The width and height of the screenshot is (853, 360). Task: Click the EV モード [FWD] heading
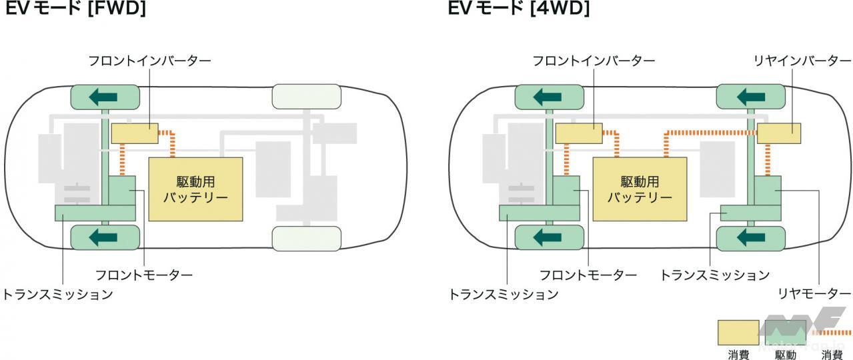[x=75, y=9]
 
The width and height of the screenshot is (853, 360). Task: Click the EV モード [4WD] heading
[x=520, y=9]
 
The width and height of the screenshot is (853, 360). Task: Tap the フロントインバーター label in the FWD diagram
[x=149, y=61]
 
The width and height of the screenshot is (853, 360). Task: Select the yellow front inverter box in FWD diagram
[x=135, y=133]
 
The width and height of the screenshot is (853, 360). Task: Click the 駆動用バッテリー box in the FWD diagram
[x=195, y=189]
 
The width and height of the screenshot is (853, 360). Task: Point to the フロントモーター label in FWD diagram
[x=143, y=275]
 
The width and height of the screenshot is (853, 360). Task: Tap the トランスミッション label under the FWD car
[x=57, y=294]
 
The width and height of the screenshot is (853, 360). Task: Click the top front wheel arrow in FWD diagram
[x=105, y=97]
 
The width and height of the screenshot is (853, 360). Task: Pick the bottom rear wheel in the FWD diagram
[x=307, y=238]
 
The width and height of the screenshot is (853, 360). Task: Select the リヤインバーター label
[x=797, y=61]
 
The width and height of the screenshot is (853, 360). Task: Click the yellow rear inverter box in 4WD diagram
[x=779, y=133]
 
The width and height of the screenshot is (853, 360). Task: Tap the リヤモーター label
[x=814, y=294]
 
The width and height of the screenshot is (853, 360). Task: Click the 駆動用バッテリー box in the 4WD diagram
[x=640, y=189]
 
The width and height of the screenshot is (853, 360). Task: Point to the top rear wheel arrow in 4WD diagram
[x=750, y=97]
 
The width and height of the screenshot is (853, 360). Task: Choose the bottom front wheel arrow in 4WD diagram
[x=548, y=237]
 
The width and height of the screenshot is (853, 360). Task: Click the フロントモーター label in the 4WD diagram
[x=588, y=275]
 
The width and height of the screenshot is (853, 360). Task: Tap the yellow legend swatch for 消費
[x=738, y=332]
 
